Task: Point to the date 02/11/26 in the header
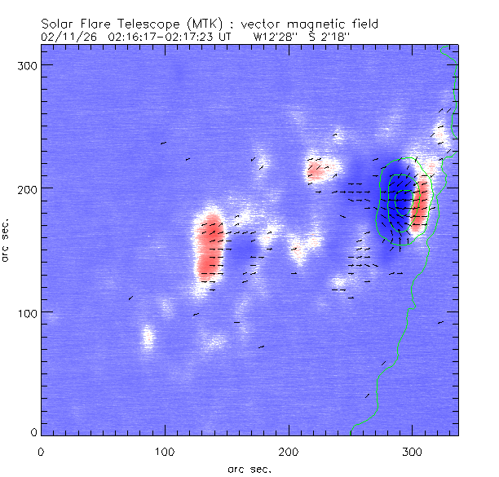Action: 64,36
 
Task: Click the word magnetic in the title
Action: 311,24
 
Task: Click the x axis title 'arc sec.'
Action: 249,468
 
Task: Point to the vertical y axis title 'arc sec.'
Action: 7,240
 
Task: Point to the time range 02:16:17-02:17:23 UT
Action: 166,36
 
